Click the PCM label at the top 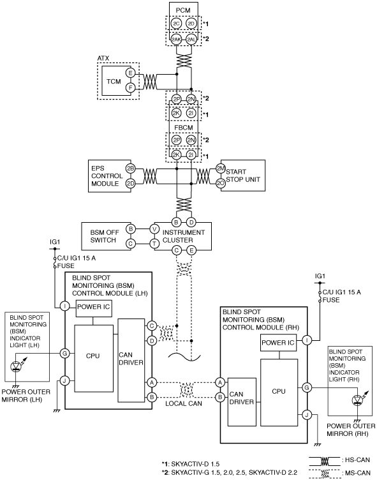183,10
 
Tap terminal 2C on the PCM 176,24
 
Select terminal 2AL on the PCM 191,39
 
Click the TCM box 114,82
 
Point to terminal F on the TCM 130,88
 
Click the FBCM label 184,128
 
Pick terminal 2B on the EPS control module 130,168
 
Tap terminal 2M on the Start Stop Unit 221,168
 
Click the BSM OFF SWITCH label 105,236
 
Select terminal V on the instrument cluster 154,229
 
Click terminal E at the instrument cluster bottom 191,250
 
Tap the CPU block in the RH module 279,392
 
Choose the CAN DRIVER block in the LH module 131,360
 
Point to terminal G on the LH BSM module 64,353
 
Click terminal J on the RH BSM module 306,415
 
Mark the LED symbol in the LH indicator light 16,366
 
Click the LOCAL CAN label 184,403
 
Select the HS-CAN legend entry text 357,460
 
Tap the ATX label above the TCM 103,58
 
